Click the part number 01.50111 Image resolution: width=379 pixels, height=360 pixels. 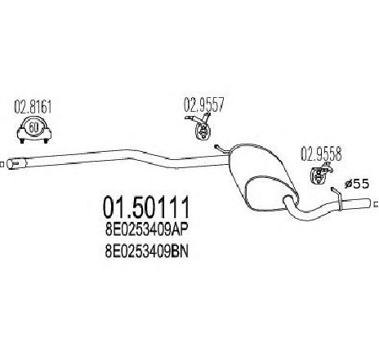pyautogui.click(x=145, y=207)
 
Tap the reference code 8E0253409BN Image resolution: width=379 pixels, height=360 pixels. pyautogui.click(x=147, y=252)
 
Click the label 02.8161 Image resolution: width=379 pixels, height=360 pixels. pyautogui.click(x=33, y=107)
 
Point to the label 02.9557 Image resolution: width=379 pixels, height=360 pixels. pyautogui.click(x=204, y=104)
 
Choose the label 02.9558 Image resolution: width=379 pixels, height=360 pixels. pyautogui.click(x=321, y=153)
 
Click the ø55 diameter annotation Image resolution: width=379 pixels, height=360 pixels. pyautogui.click(x=356, y=184)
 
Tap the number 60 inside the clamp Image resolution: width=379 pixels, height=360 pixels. pyautogui.click(x=33, y=127)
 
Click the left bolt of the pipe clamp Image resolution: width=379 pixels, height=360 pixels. pyautogui.click(x=22, y=140)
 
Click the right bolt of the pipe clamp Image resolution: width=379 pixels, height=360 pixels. pyautogui.click(x=46, y=140)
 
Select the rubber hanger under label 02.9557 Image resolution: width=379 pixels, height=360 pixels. pyautogui.click(x=202, y=131)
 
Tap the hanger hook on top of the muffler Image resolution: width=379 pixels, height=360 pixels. pyautogui.click(x=221, y=149)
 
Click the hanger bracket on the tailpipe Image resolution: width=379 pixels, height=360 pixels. pyautogui.click(x=337, y=198)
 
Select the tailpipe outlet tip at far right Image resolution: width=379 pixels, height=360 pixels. pyautogui.click(x=366, y=204)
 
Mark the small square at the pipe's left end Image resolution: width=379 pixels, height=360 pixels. pyautogui.click(x=2, y=164)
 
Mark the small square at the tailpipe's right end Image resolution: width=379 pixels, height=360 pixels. pyautogui.click(x=377, y=204)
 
